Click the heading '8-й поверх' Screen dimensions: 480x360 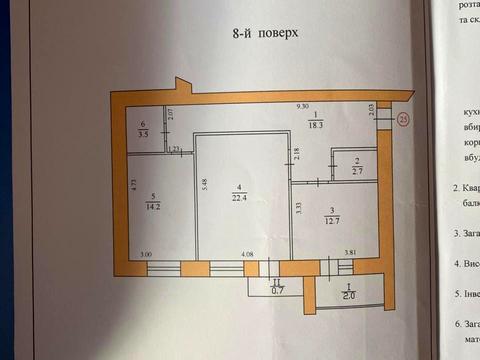(264, 32)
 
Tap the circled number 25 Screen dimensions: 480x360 (404, 119)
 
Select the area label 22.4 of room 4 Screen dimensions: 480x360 (238, 197)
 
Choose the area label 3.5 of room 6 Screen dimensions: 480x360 (144, 132)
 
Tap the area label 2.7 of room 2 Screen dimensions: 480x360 (357, 171)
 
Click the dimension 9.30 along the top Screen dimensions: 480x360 (301, 105)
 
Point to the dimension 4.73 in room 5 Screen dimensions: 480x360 (133, 185)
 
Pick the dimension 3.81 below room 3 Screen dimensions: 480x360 (351, 254)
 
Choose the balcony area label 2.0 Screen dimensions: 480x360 (348, 295)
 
